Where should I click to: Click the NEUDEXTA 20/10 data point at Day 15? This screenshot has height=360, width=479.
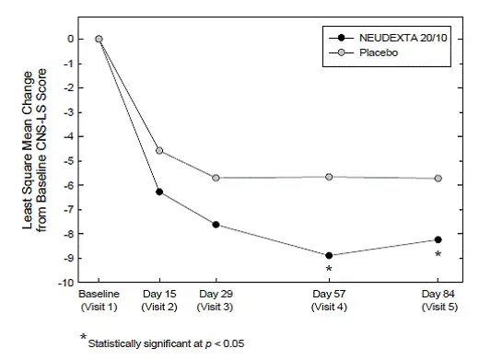click(159, 192)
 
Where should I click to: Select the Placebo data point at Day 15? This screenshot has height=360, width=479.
click(159, 150)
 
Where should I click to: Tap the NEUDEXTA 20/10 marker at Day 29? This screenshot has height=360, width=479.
click(216, 225)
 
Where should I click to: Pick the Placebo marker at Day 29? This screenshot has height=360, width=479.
click(216, 177)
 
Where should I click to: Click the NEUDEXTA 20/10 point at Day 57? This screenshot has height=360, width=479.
click(329, 255)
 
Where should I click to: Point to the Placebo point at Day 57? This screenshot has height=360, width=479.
click(329, 176)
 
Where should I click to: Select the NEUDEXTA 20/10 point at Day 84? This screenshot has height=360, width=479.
click(438, 239)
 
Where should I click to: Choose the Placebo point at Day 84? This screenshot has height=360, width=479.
click(438, 178)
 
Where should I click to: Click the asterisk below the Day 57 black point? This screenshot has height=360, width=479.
click(329, 270)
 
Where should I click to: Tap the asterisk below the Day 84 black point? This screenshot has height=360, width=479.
click(438, 255)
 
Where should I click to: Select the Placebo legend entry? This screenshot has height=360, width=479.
click(368, 53)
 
